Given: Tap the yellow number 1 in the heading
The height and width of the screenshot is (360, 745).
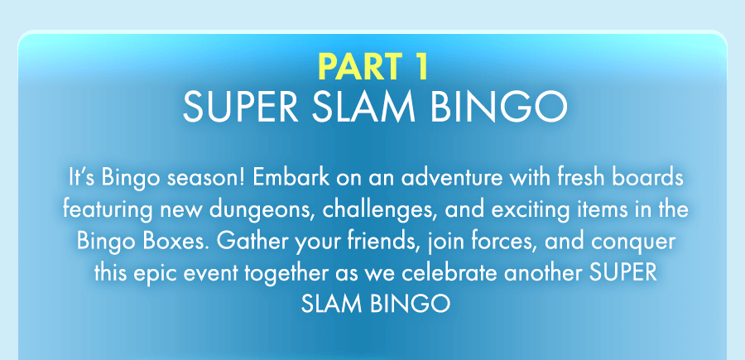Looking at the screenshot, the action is coord(419,67).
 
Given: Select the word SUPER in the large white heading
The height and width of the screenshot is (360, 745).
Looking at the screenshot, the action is coord(240,108).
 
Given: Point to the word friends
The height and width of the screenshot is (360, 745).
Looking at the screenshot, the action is coord(371,242).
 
